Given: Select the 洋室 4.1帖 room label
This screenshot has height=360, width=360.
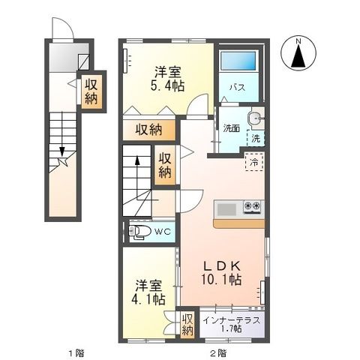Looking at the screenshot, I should [148, 292].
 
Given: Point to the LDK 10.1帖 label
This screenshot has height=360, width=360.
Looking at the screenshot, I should [219, 271].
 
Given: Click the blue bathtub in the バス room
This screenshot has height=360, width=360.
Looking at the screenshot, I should [240, 64].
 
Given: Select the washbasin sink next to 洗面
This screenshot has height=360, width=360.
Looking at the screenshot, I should [256, 118].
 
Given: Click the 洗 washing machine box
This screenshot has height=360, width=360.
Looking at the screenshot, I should [256, 138].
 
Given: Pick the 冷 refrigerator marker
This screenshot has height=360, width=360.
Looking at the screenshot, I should [255, 162].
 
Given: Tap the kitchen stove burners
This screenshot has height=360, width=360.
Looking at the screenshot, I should [251, 208].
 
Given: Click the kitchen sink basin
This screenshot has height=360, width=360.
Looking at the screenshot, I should [226, 208].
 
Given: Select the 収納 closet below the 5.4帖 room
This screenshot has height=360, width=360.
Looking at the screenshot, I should [149, 130].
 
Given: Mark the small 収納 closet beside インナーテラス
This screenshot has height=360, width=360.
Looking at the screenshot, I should [187, 325].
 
